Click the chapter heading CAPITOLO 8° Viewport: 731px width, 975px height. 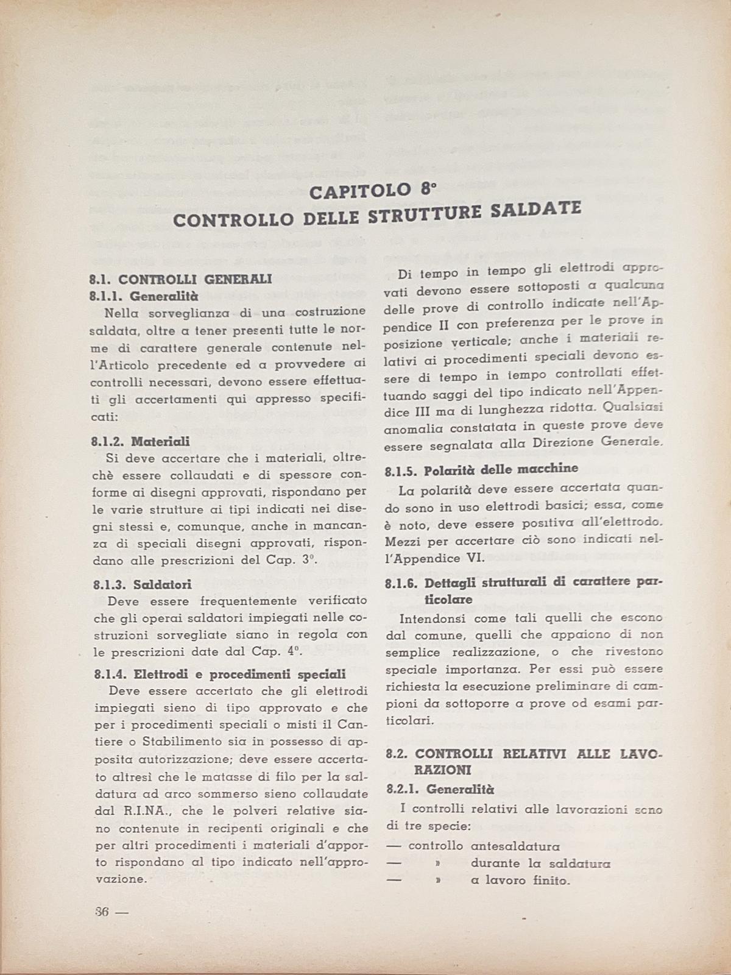[373, 191]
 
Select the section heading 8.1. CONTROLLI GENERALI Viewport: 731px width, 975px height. [180, 280]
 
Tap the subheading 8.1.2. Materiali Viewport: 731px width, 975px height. [139, 441]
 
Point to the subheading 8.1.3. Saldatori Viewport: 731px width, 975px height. [143, 584]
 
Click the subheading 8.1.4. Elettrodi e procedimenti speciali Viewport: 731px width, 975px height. [220, 675]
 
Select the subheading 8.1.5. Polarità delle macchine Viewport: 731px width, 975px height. [482, 469]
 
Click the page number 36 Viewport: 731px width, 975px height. [102, 912]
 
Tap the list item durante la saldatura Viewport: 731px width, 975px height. [540, 863]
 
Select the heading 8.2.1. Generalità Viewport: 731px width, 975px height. [440, 789]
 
